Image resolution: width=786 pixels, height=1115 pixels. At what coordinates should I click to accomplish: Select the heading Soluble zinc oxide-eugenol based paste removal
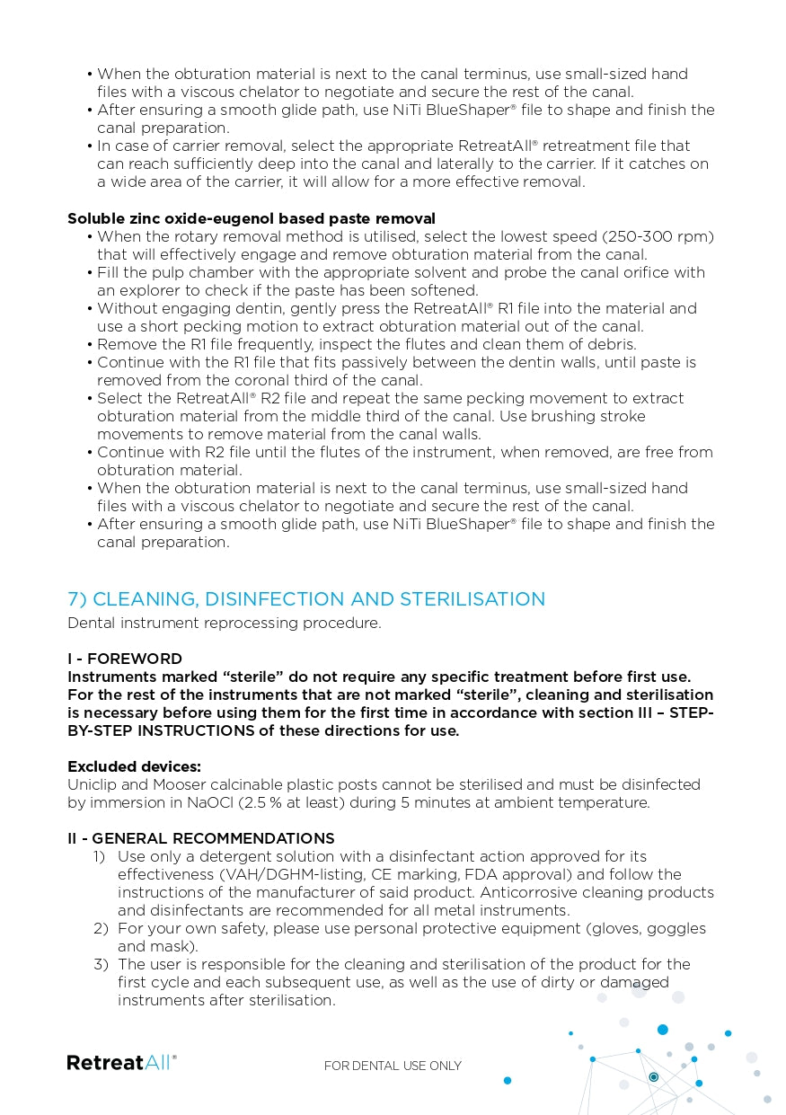pyautogui.click(x=252, y=218)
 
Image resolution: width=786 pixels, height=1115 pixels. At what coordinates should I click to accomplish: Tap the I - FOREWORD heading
pyautogui.click(x=125, y=659)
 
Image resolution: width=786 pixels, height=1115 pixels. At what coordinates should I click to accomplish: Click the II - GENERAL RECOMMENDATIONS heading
pyautogui.click(x=201, y=838)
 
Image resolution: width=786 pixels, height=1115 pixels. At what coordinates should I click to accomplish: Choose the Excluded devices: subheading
pyautogui.click(x=134, y=766)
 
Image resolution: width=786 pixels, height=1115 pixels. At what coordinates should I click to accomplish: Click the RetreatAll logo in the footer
pyautogui.click(x=122, y=1063)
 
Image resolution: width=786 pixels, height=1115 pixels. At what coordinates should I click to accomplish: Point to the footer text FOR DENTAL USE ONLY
pyautogui.click(x=393, y=1066)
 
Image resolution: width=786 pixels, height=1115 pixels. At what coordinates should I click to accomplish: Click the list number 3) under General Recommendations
pyautogui.click(x=102, y=964)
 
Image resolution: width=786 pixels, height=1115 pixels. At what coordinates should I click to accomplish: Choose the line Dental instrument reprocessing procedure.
pyautogui.click(x=224, y=623)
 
